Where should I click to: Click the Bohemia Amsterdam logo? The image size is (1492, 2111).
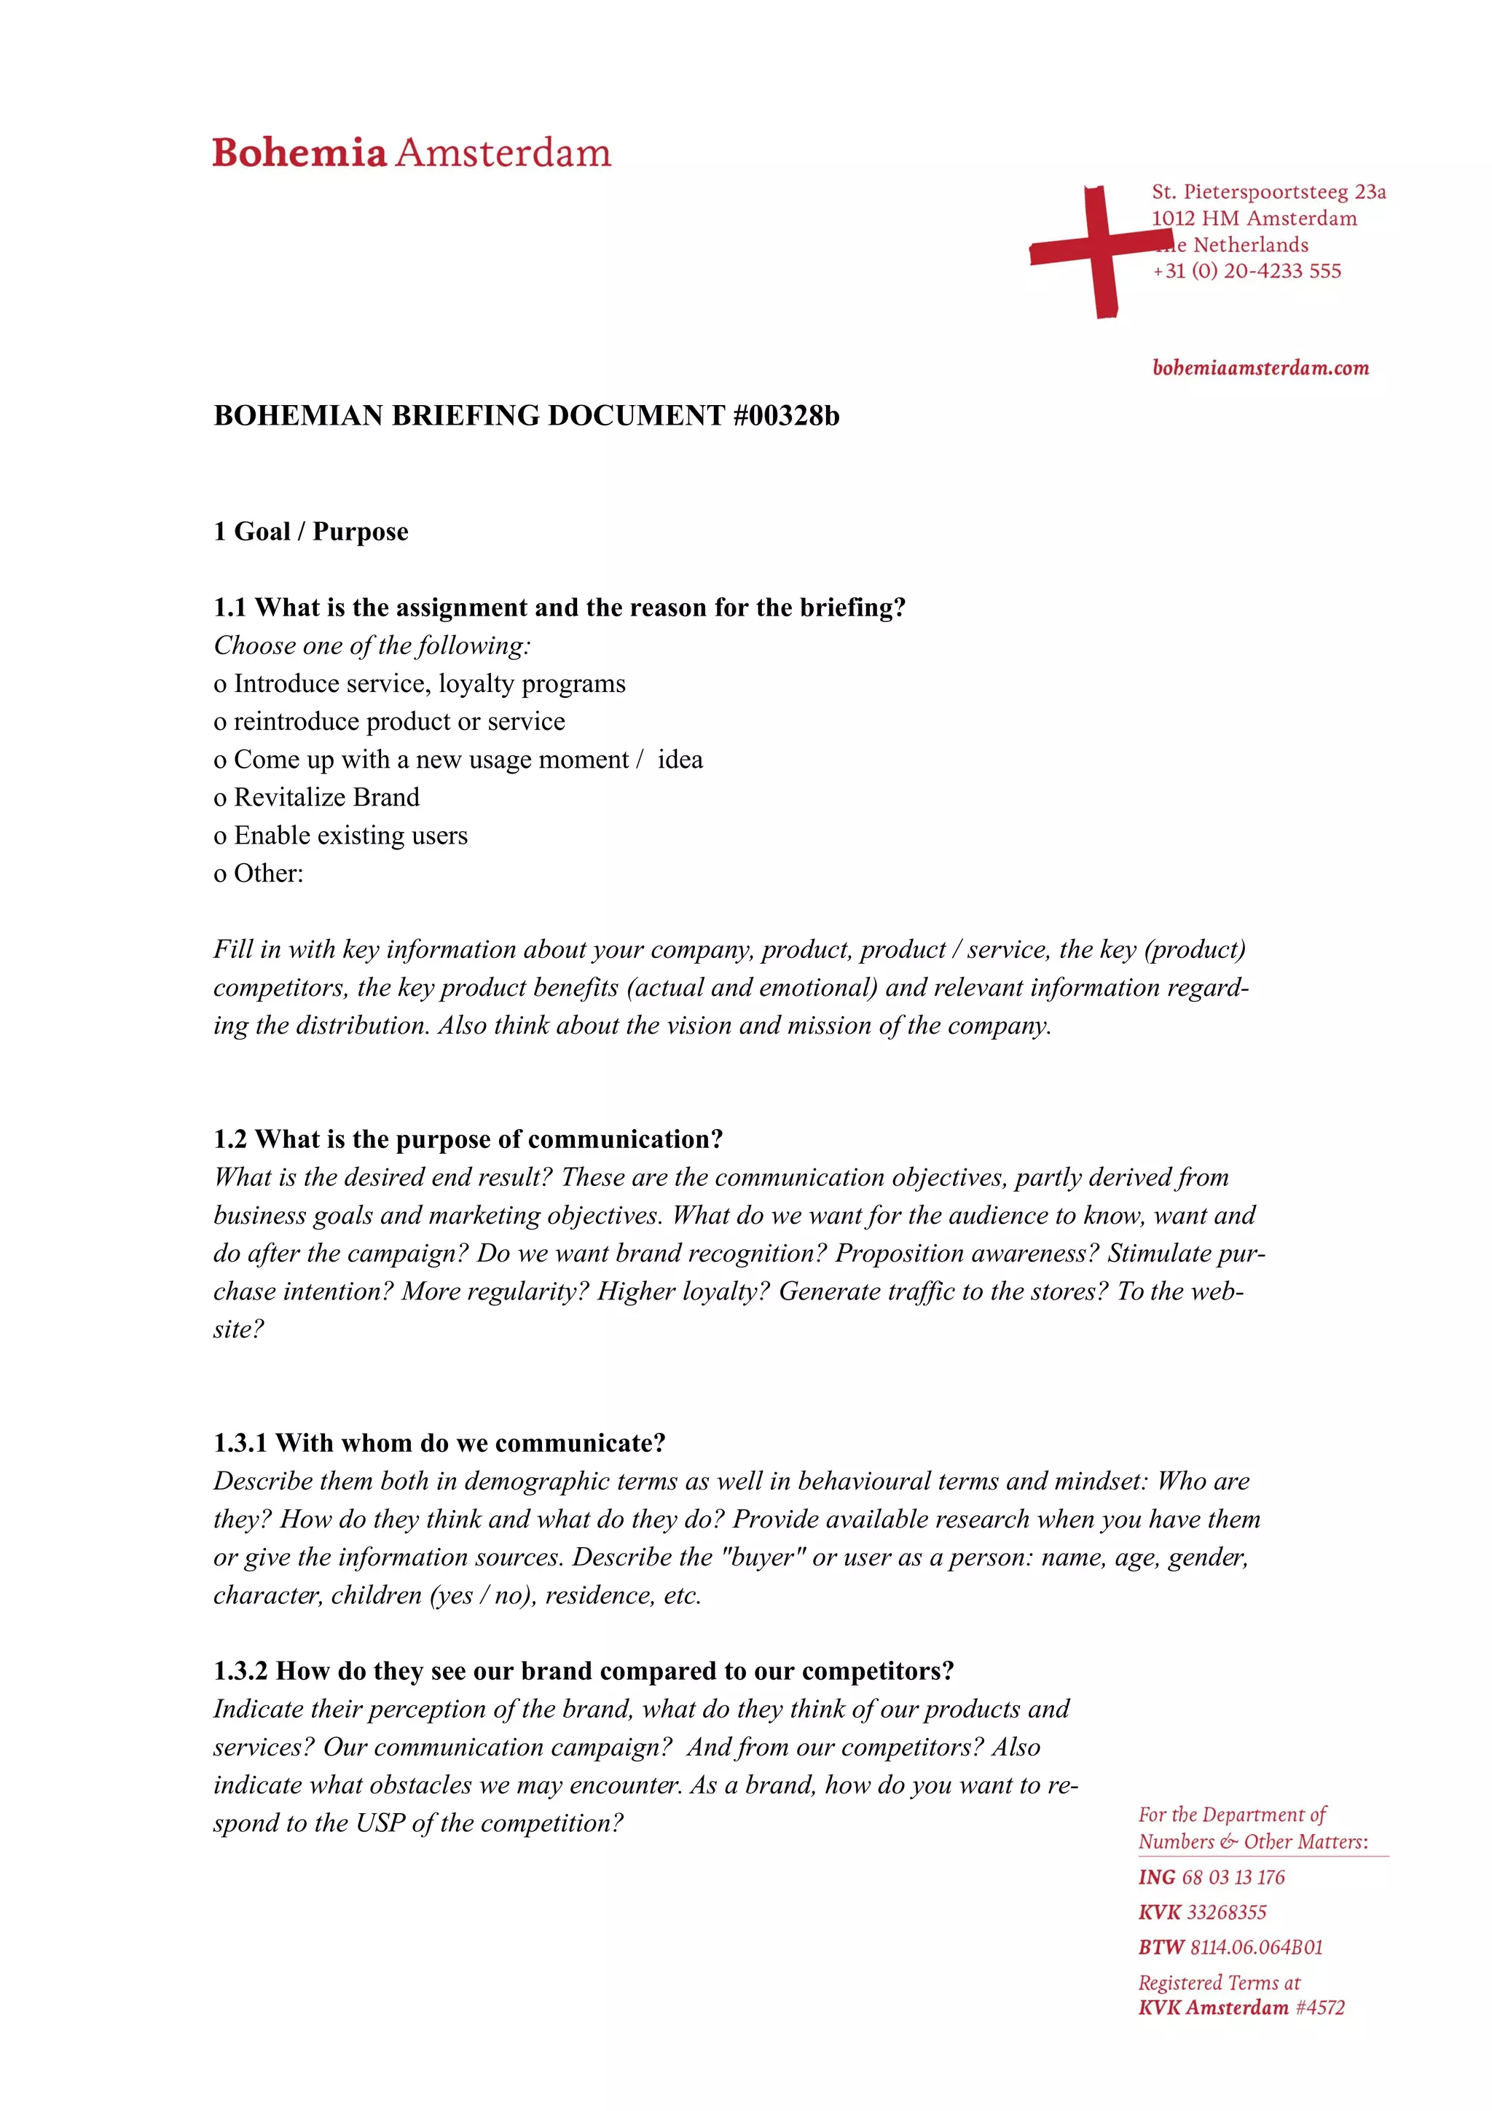[411, 153]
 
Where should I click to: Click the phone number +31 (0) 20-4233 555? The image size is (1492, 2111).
[1246, 271]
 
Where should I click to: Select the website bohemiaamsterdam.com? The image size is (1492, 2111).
[1260, 368]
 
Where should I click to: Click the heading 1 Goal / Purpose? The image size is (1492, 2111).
[311, 532]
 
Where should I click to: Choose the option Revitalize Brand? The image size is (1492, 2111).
[326, 797]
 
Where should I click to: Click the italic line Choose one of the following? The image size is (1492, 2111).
[372, 645]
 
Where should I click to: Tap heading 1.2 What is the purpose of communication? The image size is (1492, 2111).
[468, 1139]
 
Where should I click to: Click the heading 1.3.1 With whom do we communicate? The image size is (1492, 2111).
[439, 1442]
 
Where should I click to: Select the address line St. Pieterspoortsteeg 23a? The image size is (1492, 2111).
[1268, 192]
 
